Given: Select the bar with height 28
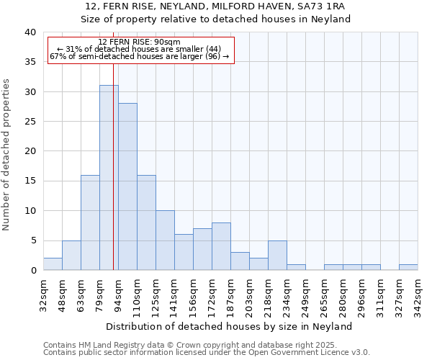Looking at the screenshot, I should click(127, 186).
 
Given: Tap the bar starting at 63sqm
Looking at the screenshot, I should click(90, 222).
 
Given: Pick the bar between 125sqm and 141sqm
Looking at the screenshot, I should click(165, 240).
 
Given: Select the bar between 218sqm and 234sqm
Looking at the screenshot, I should click(277, 256).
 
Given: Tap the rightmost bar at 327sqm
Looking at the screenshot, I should click(408, 267).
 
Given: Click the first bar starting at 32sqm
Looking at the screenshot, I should click(53, 264).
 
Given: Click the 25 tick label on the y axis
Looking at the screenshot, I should click(30, 122).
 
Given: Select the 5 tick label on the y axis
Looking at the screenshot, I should click(32, 240).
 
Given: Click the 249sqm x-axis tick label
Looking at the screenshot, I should click(305, 294).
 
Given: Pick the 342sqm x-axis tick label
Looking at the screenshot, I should click(418, 294).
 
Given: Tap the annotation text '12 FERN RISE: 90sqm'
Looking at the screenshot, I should click(139, 42).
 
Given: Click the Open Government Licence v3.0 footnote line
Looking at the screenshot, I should click(207, 352).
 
